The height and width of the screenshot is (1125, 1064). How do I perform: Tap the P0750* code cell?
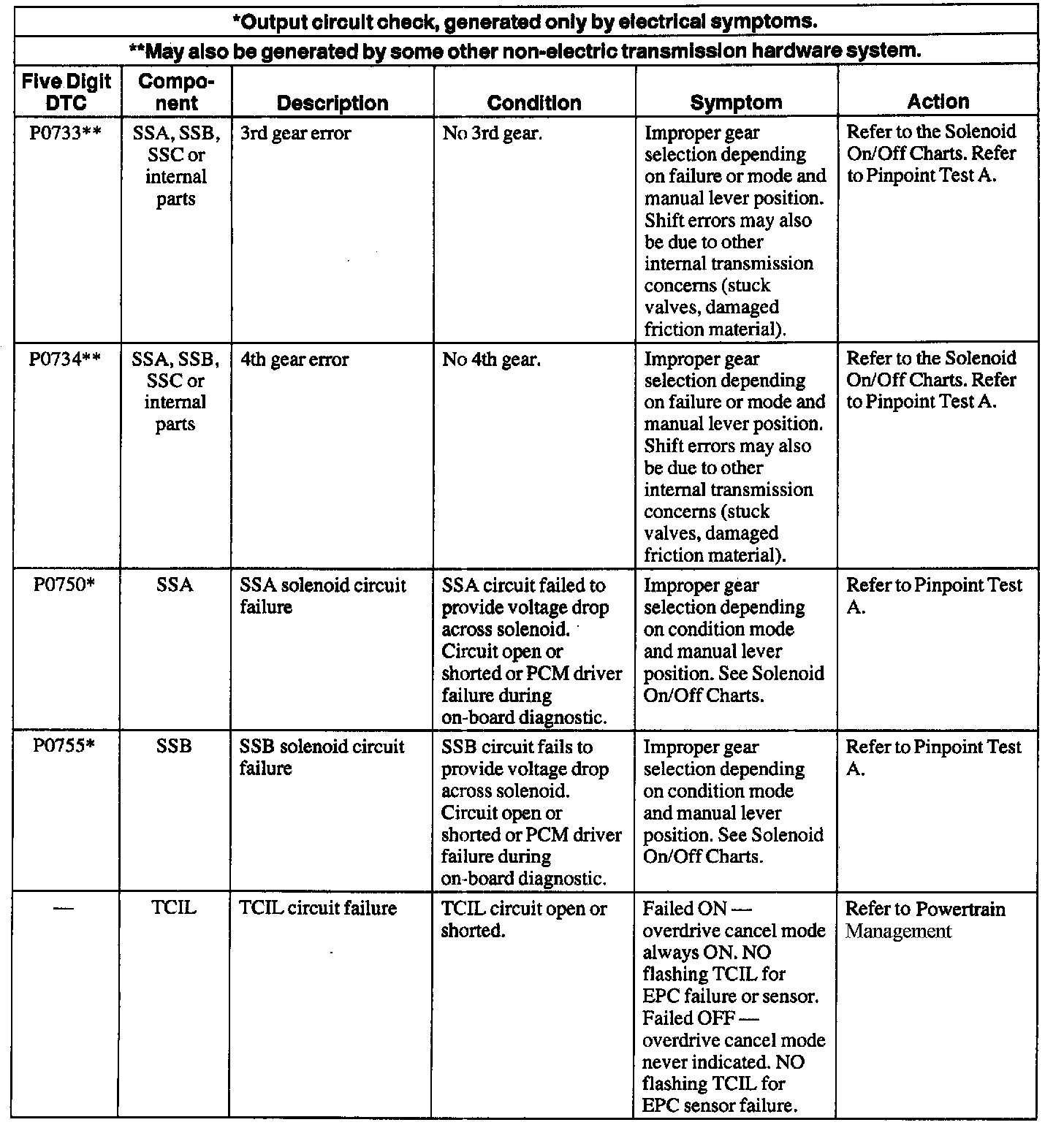tap(66, 586)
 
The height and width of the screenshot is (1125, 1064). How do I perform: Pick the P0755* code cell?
tap(66, 747)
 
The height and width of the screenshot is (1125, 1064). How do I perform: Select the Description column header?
tap(332, 103)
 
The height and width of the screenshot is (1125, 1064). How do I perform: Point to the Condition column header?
tap(534, 103)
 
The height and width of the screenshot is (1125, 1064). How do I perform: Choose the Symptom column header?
tap(736, 103)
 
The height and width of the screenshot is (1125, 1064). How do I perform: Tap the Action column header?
tap(938, 102)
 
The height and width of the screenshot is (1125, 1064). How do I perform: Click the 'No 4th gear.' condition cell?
tap(492, 359)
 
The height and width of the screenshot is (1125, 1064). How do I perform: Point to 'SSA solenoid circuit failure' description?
tap(323, 596)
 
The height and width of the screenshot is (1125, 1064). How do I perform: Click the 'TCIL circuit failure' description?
tap(318, 909)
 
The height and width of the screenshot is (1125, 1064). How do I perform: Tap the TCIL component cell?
tap(175, 909)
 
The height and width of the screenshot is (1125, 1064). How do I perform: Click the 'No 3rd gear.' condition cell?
tap(492, 134)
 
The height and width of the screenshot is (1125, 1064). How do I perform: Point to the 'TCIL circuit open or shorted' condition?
tap(524, 920)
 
